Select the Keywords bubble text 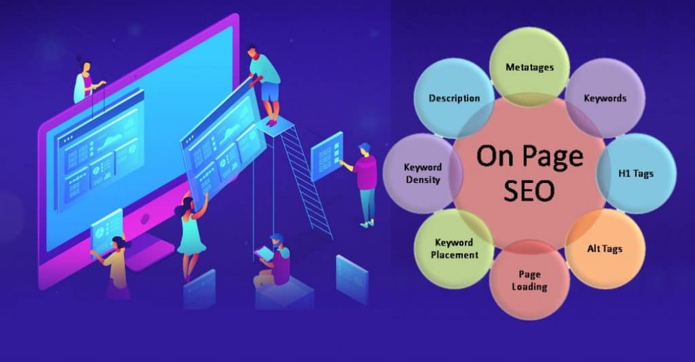pos(605,98)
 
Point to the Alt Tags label pos(604,248)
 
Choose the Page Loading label pos(529,281)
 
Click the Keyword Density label pos(422,174)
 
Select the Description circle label pos(454,98)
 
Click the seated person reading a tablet pos(274,261)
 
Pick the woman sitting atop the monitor pos(87,81)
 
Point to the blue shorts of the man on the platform pos(270,91)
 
